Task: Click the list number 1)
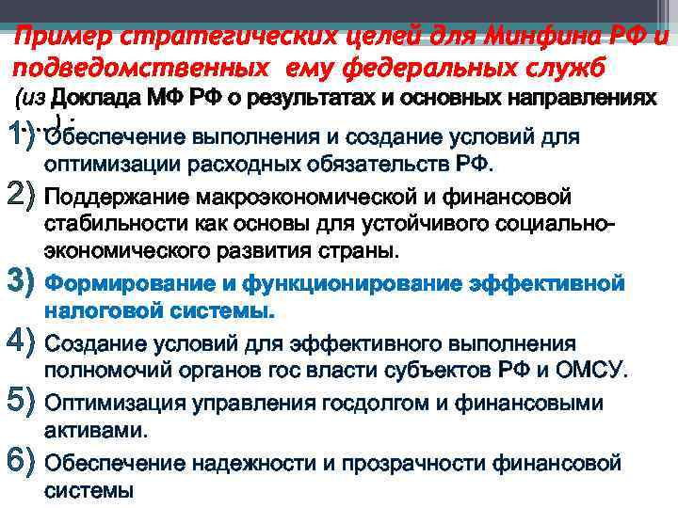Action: (21, 135)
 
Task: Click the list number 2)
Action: (21, 198)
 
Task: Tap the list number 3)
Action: (21, 280)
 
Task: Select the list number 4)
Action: (21, 342)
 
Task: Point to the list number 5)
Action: (21, 404)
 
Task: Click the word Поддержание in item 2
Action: (116, 198)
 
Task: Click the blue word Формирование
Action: (126, 282)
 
